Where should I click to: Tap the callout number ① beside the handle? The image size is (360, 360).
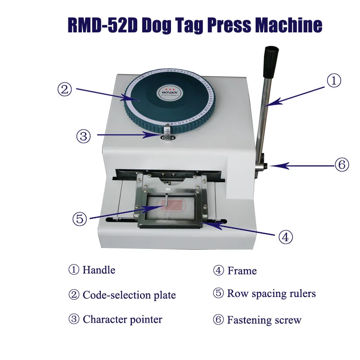(x=333, y=81)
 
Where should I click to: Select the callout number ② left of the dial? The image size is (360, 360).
(x=65, y=89)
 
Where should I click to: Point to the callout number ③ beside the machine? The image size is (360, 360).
(x=84, y=136)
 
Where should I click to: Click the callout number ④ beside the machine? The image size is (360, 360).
(x=285, y=237)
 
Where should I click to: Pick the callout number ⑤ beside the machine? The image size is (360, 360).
(x=80, y=219)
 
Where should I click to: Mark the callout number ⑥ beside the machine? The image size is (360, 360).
(x=342, y=165)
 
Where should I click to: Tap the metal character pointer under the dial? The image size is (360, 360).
(x=167, y=132)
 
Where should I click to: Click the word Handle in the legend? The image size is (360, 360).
(x=99, y=270)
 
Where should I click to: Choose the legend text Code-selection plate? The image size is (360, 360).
(x=129, y=295)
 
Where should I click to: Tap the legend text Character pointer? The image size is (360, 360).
(x=122, y=320)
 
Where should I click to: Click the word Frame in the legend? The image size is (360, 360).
(x=242, y=271)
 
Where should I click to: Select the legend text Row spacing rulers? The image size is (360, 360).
(x=271, y=294)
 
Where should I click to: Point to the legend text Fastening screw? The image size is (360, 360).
(x=264, y=320)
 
